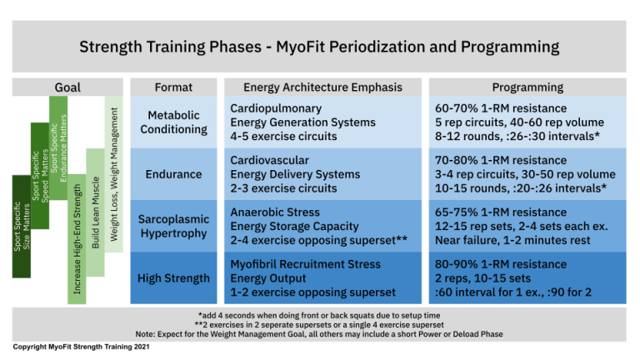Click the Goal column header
click(x=67, y=87)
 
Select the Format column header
click(x=174, y=87)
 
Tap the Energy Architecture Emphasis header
click(x=322, y=87)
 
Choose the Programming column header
click(x=527, y=87)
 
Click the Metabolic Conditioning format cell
click(x=174, y=122)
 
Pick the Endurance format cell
click(x=174, y=174)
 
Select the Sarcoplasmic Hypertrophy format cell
click(x=174, y=226)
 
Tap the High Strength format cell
click(x=174, y=277)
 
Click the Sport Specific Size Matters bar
click(x=22, y=226)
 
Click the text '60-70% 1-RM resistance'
click(x=500, y=108)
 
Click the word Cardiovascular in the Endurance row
click(x=268, y=160)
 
